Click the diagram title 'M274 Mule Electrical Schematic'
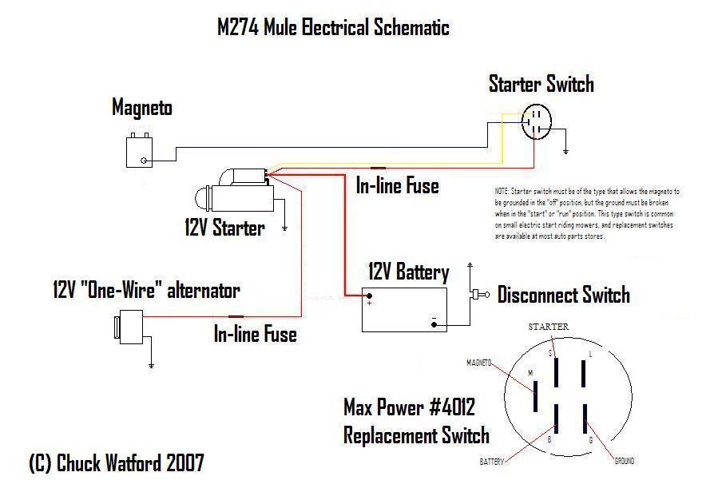tap(333, 28)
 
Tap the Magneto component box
tap(141, 151)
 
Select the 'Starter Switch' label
tap(541, 84)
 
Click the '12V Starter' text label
tap(224, 228)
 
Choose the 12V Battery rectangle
tap(404, 309)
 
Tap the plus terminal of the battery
tap(370, 302)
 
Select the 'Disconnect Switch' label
tap(563, 296)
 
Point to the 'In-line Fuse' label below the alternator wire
tap(255, 334)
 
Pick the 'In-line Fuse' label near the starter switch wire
tap(397, 186)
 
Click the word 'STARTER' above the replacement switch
tap(548, 327)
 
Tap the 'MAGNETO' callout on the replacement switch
tap(478, 363)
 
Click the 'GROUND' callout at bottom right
tap(625, 461)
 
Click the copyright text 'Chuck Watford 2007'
tap(116, 463)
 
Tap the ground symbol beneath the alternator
tap(151, 366)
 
